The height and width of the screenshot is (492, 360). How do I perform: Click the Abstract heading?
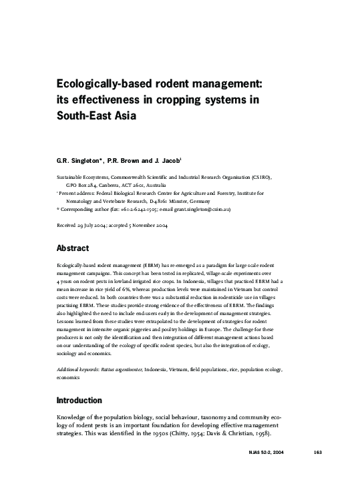point(73,248)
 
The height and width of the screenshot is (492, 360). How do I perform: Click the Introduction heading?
point(79,401)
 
